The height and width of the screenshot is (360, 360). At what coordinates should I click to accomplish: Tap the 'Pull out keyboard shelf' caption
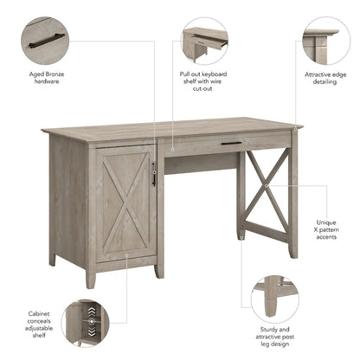pyautogui.click(x=204, y=84)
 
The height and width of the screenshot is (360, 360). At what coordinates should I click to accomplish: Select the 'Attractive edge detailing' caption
pyautogui.click(x=326, y=79)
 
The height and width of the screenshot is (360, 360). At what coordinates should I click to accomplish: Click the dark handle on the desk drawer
pyautogui.click(x=231, y=143)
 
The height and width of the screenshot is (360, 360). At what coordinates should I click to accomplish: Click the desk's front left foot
pyautogui.click(x=91, y=279)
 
